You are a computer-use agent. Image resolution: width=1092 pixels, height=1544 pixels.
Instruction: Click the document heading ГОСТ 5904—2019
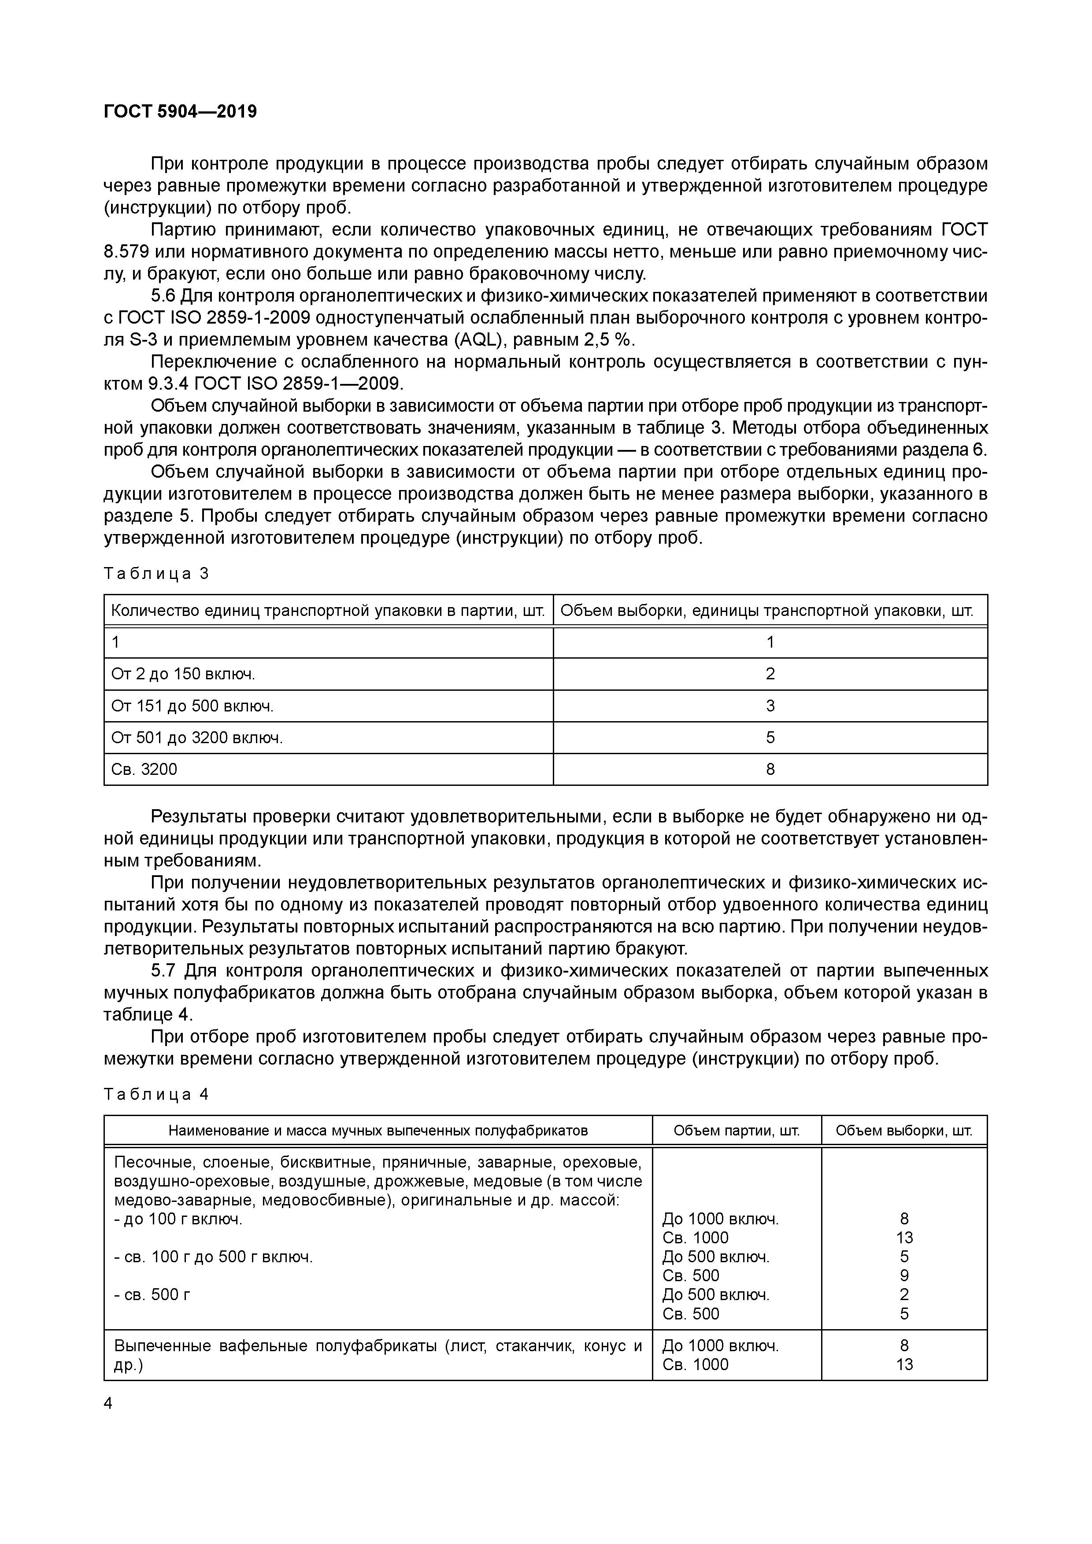pos(180,112)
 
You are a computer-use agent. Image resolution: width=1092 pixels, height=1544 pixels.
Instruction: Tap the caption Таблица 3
pos(157,574)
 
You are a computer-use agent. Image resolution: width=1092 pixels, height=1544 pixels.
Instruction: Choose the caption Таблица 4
pos(157,1094)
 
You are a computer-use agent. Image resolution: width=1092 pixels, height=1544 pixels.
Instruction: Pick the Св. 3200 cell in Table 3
pos(144,769)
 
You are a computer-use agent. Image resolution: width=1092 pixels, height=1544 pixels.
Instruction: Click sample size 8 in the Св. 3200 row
pos(770,769)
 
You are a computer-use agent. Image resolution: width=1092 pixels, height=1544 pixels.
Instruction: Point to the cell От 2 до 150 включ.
pos(183,674)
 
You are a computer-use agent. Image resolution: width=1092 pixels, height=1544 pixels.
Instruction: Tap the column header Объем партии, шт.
pos(737,1131)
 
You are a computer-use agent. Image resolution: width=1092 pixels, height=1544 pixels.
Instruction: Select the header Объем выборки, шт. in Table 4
pos(904,1131)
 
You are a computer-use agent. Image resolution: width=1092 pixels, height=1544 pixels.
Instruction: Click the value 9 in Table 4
pos(904,1276)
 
